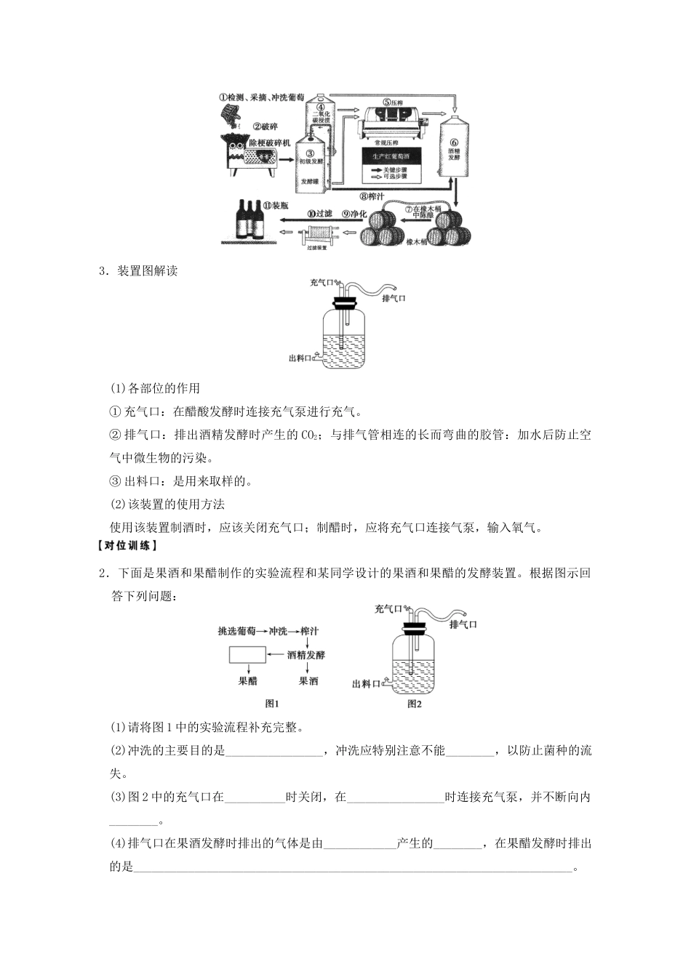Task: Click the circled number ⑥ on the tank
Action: (454, 143)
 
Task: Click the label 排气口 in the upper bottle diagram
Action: (394, 298)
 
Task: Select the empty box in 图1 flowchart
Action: (248, 655)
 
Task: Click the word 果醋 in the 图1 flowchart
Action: (248, 681)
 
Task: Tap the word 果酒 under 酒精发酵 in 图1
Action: (308, 681)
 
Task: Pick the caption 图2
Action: (415, 703)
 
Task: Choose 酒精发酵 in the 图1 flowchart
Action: (306, 655)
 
